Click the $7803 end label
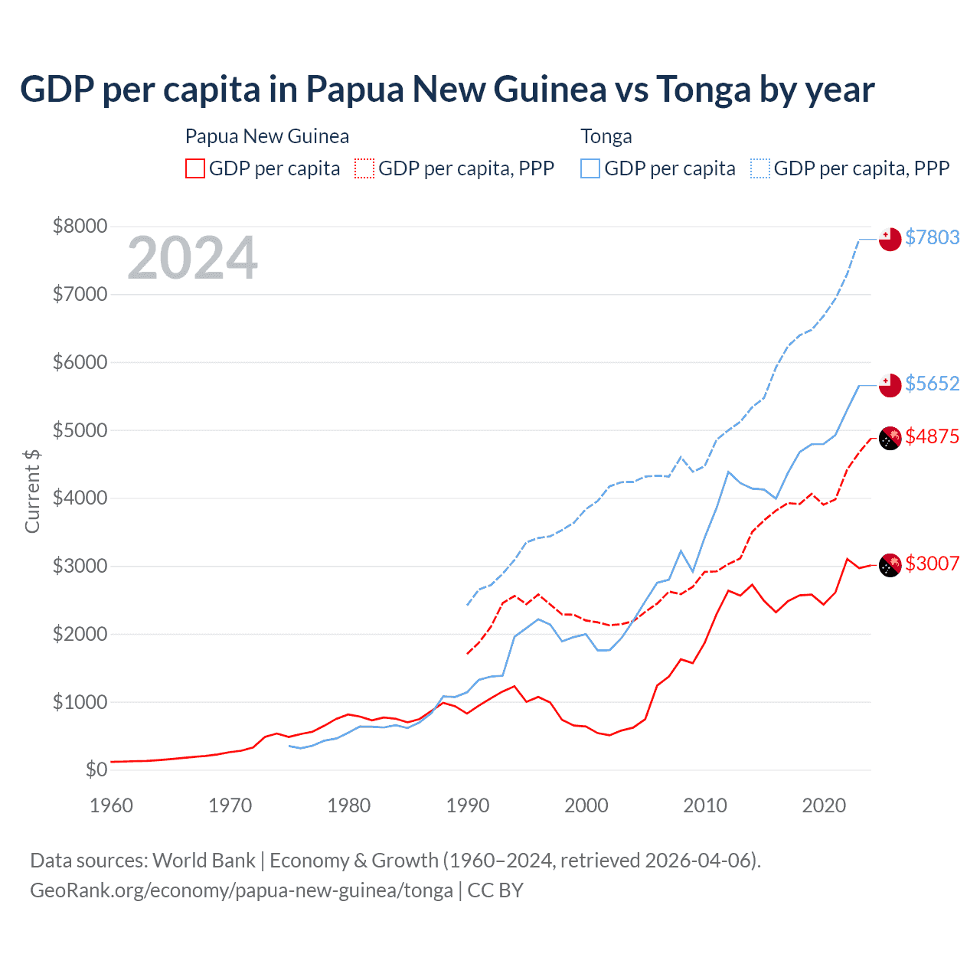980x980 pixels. click(x=932, y=237)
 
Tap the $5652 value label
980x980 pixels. click(x=932, y=384)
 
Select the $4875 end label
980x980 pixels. click(x=932, y=436)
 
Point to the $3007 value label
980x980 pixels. click(x=932, y=563)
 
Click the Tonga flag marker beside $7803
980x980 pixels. click(x=890, y=240)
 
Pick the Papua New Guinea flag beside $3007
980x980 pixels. click(x=890, y=566)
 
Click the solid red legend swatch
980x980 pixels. click(x=195, y=168)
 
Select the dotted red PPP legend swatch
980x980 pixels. click(x=364, y=168)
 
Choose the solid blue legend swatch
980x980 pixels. click(x=590, y=168)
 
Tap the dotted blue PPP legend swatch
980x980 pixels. click(x=760, y=168)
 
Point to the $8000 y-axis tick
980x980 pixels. click(x=80, y=226)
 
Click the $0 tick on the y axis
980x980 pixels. click(x=96, y=769)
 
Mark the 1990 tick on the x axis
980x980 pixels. click(x=468, y=805)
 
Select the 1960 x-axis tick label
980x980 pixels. click(x=112, y=805)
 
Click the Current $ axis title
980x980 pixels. click(x=32, y=491)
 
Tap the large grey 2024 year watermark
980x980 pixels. click(x=192, y=258)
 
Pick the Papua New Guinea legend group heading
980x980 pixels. click(x=267, y=136)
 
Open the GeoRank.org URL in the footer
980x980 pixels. click(x=241, y=890)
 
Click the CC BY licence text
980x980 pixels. click(x=495, y=890)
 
